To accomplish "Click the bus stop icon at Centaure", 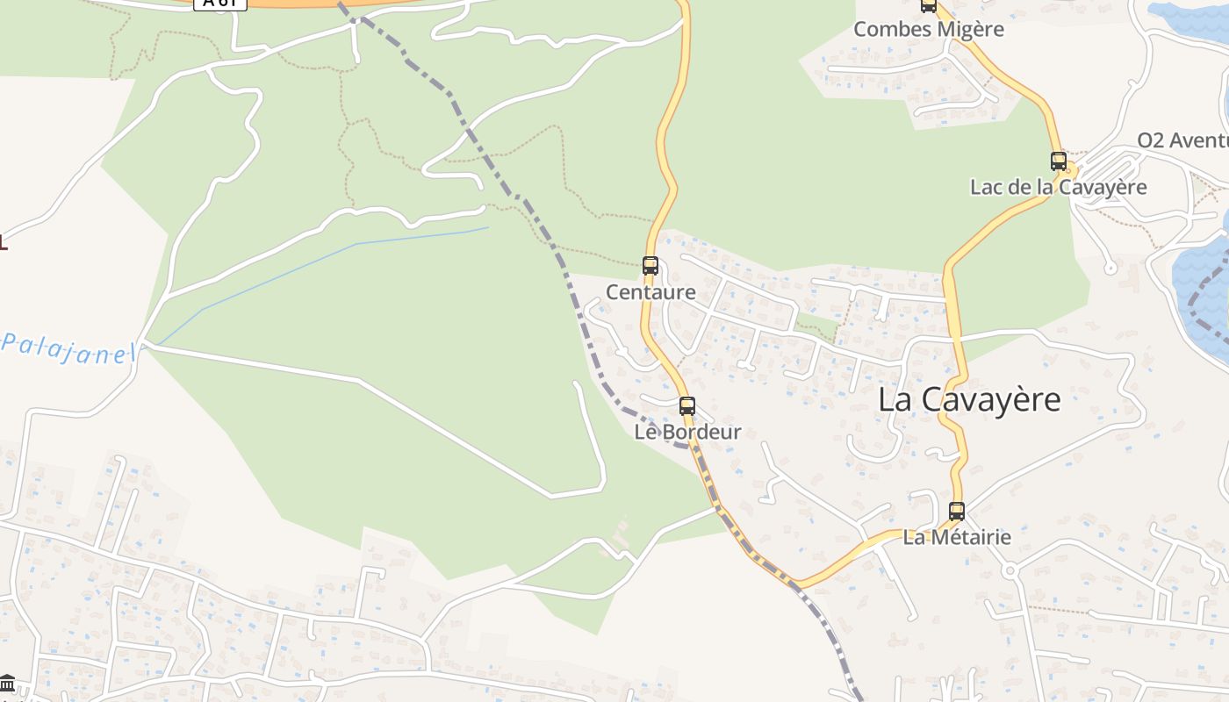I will (650, 265).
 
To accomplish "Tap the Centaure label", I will (650, 292).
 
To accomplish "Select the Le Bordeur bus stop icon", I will (687, 405).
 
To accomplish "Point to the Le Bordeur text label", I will (687, 432).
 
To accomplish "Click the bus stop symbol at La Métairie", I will (957, 511).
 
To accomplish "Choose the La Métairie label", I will (957, 537).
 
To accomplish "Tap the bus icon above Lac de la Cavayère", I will (1059, 161).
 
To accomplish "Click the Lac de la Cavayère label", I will (1058, 187).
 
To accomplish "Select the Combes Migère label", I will (929, 29).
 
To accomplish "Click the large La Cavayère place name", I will (969, 400).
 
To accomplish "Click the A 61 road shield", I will (219, 4).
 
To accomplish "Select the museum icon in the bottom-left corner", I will (8, 683).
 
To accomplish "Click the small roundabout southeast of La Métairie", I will (1010, 571).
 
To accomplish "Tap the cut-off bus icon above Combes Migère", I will (929, 5).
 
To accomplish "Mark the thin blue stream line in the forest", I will (351, 245).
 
